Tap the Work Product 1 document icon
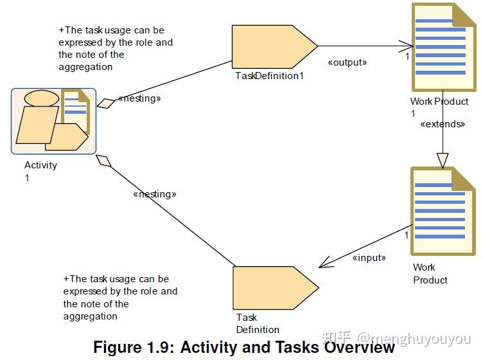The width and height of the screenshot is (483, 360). click(x=444, y=47)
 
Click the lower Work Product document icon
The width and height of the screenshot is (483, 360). click(x=443, y=212)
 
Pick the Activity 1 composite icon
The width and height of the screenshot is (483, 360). click(x=53, y=121)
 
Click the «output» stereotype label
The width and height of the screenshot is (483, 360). click(x=347, y=62)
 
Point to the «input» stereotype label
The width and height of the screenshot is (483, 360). click(x=369, y=258)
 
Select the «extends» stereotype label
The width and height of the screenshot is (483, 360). click(x=443, y=124)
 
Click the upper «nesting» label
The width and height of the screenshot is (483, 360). click(x=139, y=98)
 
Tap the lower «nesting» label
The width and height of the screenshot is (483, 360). click(x=155, y=194)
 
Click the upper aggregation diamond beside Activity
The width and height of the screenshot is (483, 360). click(x=106, y=104)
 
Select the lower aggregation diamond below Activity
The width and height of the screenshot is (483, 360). click(x=103, y=161)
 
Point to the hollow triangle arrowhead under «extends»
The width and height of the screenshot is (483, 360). click(x=443, y=161)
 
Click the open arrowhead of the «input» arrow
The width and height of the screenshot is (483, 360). click(x=326, y=263)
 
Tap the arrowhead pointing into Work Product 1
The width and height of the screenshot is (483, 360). click(x=406, y=46)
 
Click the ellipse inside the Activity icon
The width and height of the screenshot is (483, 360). click(x=42, y=98)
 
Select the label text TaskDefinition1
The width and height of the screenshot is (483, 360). click(x=270, y=76)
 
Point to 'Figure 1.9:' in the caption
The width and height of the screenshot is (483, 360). click(x=134, y=347)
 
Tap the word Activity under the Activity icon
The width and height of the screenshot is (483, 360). click(x=40, y=165)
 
